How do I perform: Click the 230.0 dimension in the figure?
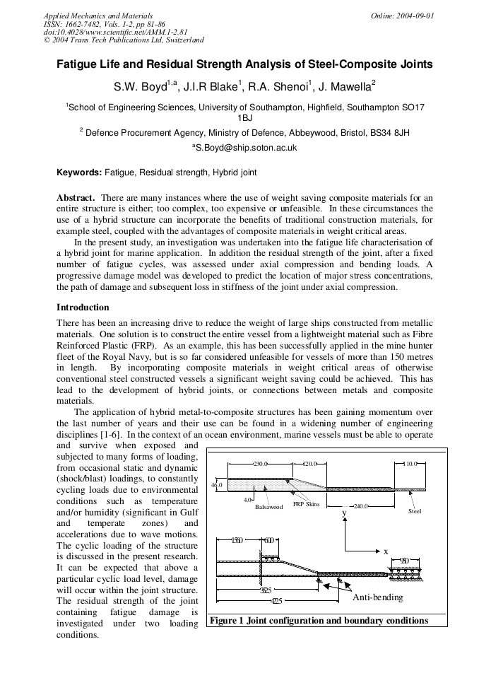pyautogui.click(x=261, y=464)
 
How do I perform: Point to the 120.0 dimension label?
pyautogui.click(x=310, y=464)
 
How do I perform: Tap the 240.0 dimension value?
pyautogui.click(x=362, y=506)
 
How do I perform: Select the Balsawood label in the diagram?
pyautogui.click(x=268, y=507)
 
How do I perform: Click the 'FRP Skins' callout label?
pyautogui.click(x=307, y=504)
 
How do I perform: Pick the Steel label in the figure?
pyautogui.click(x=415, y=511)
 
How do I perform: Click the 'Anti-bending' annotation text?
pyautogui.click(x=377, y=597)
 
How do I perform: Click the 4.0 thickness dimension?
pyautogui.click(x=247, y=500)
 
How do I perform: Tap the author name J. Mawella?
pyautogui.click(x=346, y=88)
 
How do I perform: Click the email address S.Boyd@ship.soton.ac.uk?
pyautogui.click(x=244, y=148)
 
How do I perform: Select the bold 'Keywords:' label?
pyautogui.click(x=79, y=173)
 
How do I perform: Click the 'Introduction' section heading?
pyautogui.click(x=83, y=308)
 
